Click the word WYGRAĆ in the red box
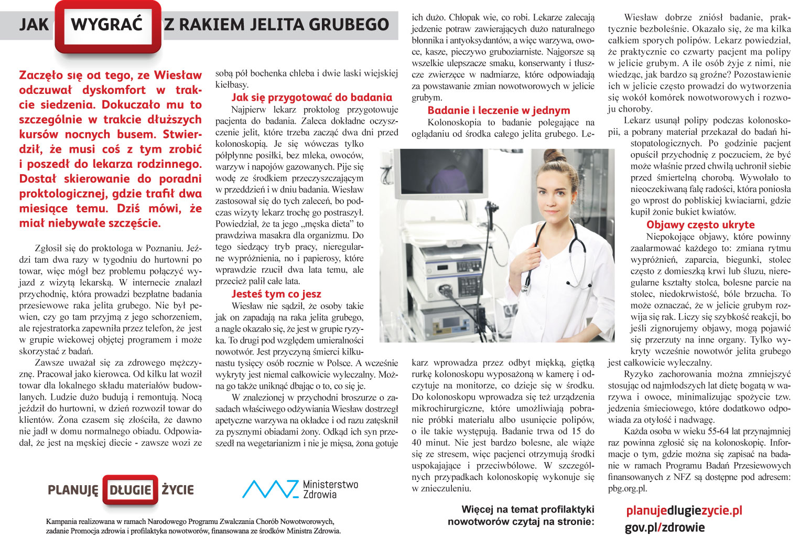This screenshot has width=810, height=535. tap(106, 25)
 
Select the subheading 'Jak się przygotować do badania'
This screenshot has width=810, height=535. tap(311, 98)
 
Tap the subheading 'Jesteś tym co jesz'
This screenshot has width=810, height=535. tap(276, 294)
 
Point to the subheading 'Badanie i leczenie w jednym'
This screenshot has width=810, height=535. tap(499, 111)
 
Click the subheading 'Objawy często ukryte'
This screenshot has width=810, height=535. tap(700, 225)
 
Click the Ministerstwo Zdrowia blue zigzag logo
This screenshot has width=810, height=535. tap(269, 489)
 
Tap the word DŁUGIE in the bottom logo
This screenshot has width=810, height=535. tap(130, 490)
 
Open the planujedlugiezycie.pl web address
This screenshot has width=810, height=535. tap(684, 510)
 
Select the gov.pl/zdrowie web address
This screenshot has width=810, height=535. tap(664, 527)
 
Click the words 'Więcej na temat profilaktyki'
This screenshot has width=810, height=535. tap(527, 509)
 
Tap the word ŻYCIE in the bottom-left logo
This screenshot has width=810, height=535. tap(177, 490)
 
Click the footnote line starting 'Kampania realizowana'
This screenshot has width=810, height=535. tap(190, 522)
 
